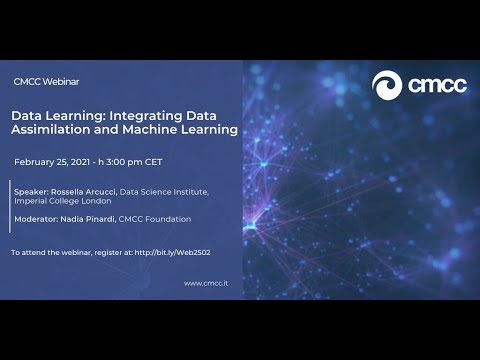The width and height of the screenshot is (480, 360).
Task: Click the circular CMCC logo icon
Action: pyautogui.click(x=386, y=85)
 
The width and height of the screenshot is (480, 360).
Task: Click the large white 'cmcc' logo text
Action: pyautogui.click(x=436, y=86)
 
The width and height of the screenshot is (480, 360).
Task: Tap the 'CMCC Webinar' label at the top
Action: pyautogui.click(x=46, y=80)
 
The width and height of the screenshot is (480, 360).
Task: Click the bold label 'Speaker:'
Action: pyautogui.click(x=30, y=189)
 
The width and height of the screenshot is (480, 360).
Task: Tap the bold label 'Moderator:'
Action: pyautogui.click(x=36, y=219)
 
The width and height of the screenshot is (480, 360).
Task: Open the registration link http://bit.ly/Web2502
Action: pyautogui.click(x=172, y=252)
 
